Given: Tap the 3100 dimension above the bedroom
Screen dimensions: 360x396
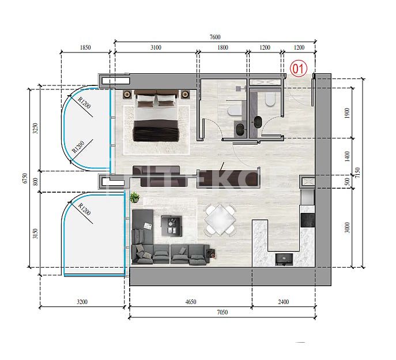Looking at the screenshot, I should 156,48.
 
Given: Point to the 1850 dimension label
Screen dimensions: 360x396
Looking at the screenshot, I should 85,48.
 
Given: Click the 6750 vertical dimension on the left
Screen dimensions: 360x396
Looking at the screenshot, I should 25,179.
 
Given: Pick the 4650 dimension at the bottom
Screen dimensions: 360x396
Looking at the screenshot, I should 190,302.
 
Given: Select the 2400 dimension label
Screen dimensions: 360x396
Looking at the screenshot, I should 283,302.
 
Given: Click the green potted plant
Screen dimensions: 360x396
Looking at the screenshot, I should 135,197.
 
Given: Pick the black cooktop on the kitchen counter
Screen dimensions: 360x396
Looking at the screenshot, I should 307,220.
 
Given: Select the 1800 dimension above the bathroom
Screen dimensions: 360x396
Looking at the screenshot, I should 224,48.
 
